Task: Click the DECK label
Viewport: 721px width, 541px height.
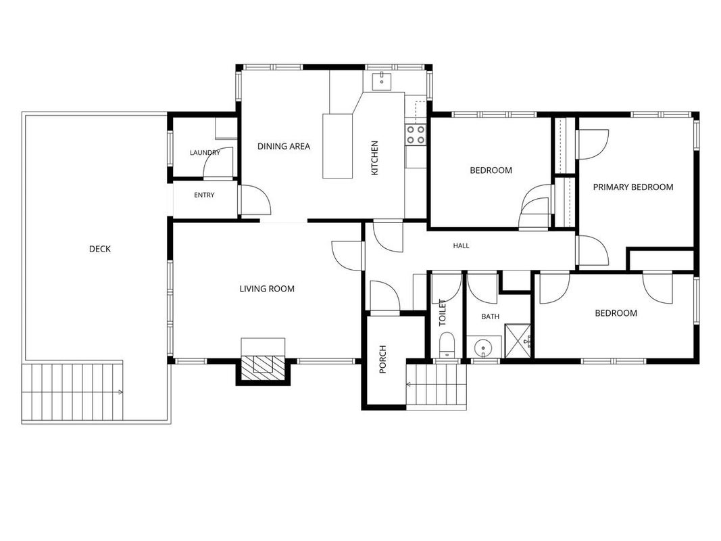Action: (x=100, y=249)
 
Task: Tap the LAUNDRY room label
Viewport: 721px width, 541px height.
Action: (x=205, y=153)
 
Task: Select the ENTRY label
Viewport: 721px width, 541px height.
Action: (x=204, y=195)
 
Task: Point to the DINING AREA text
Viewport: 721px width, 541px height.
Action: (x=284, y=146)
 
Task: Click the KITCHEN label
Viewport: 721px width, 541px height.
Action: (x=375, y=158)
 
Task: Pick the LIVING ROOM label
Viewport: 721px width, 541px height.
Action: (x=267, y=289)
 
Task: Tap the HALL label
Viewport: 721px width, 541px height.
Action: (x=462, y=245)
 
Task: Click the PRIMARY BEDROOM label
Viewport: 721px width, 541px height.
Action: (x=633, y=187)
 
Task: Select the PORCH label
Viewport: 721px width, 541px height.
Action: (x=382, y=359)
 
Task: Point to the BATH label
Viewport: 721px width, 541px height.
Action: (x=490, y=316)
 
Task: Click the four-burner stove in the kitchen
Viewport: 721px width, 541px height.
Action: (x=415, y=135)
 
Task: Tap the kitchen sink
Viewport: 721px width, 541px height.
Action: (x=382, y=80)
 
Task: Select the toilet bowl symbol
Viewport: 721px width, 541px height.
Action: (x=446, y=345)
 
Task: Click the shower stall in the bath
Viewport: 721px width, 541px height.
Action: (x=518, y=341)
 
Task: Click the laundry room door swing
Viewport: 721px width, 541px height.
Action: (x=218, y=163)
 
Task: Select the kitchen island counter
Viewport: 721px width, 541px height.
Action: (x=337, y=146)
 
